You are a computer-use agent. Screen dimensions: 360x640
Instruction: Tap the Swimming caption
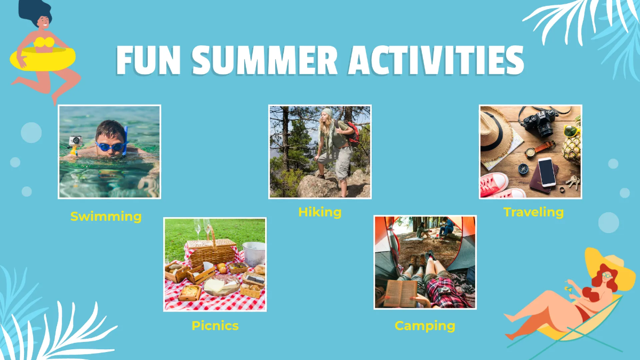pos(106,217)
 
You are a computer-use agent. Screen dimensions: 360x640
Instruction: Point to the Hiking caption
pos(319,212)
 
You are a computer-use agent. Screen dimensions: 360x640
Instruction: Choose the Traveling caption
pos(533,212)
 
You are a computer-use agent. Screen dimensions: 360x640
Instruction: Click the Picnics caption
pos(215,325)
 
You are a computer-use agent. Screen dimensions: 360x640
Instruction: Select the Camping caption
pos(425,325)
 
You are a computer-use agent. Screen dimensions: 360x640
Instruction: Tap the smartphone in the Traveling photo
pos(547,172)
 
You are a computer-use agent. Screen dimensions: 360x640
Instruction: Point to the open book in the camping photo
pos(401,292)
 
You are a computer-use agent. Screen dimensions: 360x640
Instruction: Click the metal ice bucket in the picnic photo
pos(254,254)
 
